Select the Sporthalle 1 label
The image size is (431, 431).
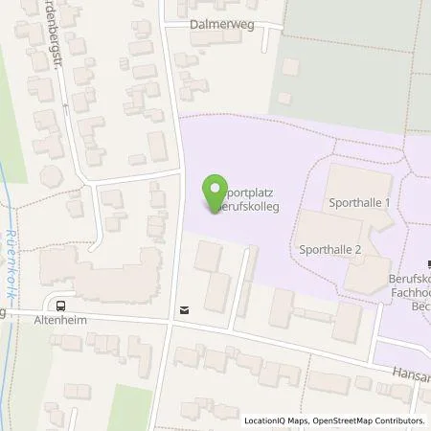point(358,203)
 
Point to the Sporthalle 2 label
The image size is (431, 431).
point(329,248)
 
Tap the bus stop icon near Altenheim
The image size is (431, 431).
point(61,307)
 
